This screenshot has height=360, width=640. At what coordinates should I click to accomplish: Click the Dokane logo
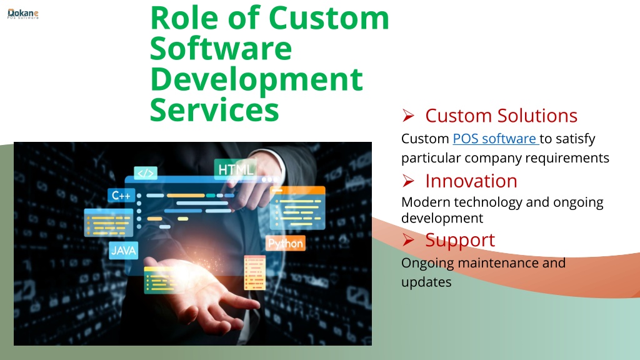coord(23,14)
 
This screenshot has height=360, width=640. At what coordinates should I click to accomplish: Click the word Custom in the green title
coord(329,18)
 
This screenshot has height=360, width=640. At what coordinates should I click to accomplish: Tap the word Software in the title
coord(221,49)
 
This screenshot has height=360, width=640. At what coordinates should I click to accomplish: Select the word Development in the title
coord(256,80)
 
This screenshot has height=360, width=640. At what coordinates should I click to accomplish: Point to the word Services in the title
coord(214,110)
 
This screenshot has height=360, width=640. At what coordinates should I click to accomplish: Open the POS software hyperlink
coord(496,139)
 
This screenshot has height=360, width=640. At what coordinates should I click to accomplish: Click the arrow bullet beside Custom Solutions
coord(408,116)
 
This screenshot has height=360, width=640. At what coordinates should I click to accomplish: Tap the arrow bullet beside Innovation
coord(408,181)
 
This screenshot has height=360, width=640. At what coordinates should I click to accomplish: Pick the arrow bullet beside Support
coord(408,240)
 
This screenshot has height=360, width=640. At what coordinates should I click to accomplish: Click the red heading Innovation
coord(471,181)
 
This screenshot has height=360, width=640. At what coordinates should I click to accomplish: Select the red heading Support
coord(460,241)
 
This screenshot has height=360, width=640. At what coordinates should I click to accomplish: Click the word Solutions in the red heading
coord(537,116)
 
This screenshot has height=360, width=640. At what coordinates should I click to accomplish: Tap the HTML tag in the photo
coord(236,169)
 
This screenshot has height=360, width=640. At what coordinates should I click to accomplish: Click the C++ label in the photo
coord(121,196)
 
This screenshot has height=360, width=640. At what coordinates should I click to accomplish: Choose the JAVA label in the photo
coord(123,250)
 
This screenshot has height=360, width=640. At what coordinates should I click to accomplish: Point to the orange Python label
coord(285,243)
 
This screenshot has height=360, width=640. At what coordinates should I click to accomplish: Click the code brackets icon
coord(146,173)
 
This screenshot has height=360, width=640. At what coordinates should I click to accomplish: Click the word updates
coord(426,282)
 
